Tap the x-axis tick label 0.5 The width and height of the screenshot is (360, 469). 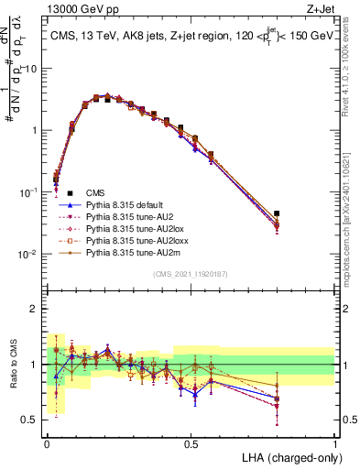point(191,444)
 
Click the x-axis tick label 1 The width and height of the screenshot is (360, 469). point(334,444)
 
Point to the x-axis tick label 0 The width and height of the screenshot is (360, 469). point(47,444)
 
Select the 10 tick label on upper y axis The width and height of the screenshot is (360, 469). point(31,69)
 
